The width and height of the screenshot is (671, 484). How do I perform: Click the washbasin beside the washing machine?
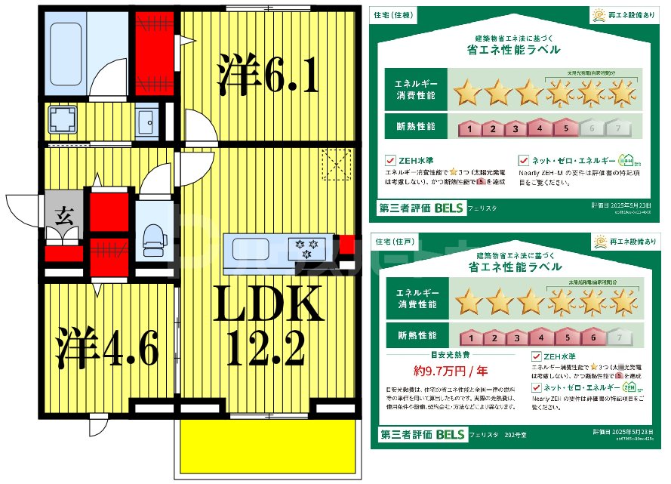[146, 120]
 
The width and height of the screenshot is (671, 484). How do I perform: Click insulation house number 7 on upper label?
[618, 128]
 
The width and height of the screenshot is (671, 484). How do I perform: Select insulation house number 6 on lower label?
[593, 338]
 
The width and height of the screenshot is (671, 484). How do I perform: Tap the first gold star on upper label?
[467, 94]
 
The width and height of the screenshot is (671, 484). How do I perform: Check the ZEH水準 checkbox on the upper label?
[390, 160]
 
